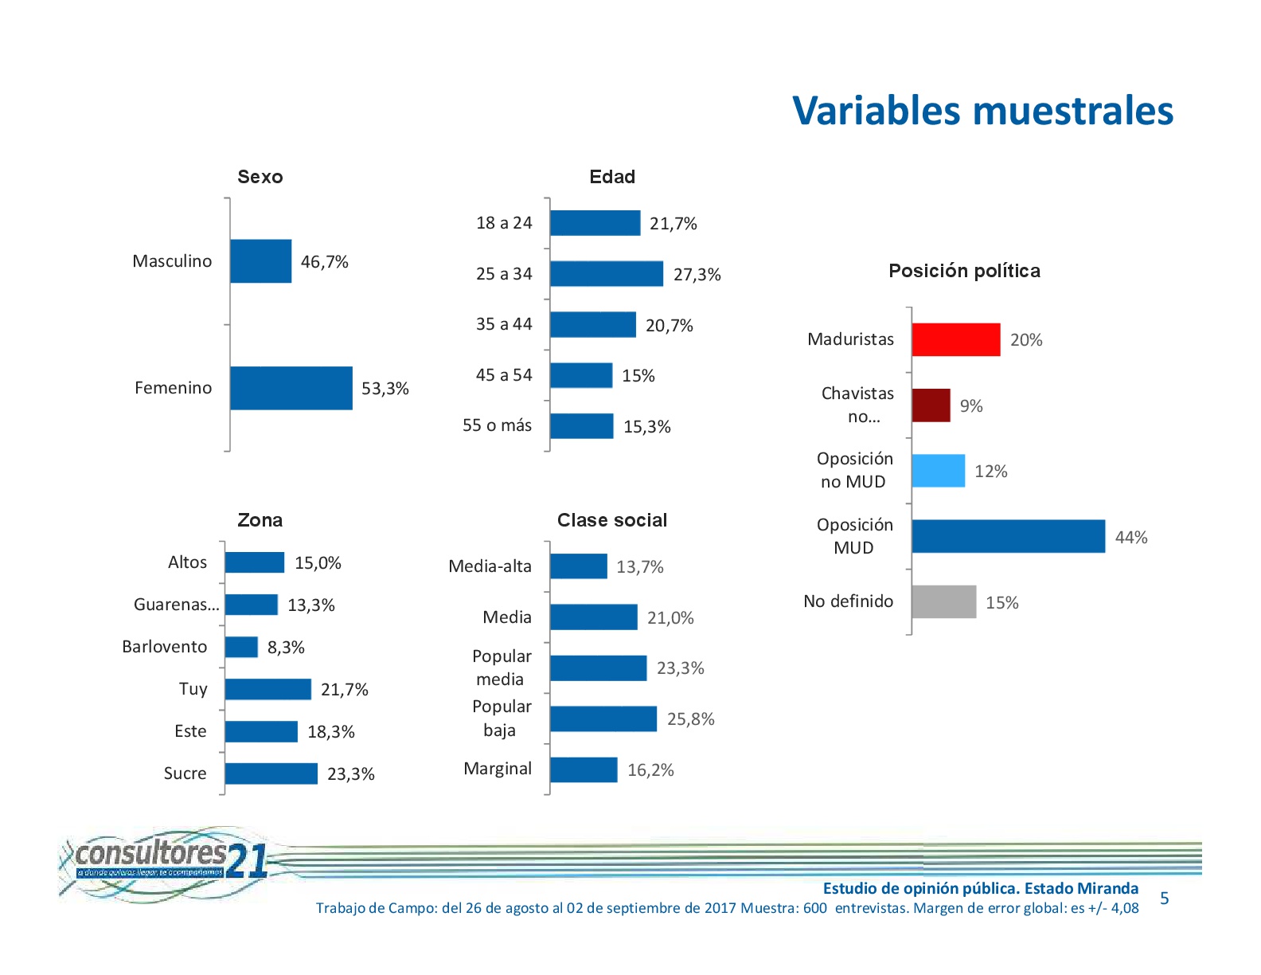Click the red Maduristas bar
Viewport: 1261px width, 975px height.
click(955, 339)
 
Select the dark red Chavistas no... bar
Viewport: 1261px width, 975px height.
click(931, 405)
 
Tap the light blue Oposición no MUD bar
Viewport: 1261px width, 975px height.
click(938, 471)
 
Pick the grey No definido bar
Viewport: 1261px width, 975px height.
click(943, 601)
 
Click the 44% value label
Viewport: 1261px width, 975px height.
click(1130, 538)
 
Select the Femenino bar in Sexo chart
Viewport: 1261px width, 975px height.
click(291, 388)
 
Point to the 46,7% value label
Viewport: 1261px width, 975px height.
click(324, 262)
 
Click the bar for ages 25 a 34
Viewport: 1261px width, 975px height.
click(606, 273)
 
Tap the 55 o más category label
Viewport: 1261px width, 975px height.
click(497, 425)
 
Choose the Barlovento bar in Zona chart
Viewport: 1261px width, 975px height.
click(241, 647)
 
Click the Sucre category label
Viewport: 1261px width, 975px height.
click(185, 773)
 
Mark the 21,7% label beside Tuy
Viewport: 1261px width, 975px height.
click(344, 690)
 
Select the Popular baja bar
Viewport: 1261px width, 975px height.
click(603, 719)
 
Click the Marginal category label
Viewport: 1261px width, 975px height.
click(498, 769)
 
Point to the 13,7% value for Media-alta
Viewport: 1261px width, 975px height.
click(639, 567)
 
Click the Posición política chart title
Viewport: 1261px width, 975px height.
click(964, 271)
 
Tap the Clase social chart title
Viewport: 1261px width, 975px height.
click(611, 520)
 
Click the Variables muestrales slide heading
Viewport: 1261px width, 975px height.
click(982, 111)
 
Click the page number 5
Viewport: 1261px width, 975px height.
click(1164, 899)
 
